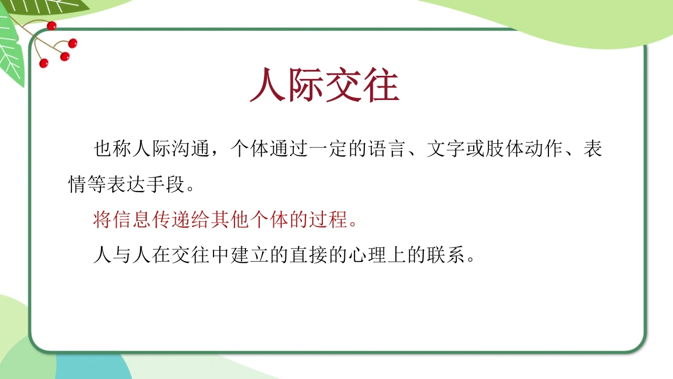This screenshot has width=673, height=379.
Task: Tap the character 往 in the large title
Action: click(382, 84)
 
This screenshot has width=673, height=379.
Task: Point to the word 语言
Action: click(388, 148)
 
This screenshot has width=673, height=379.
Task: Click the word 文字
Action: click(446, 148)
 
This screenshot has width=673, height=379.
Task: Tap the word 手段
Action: click(166, 184)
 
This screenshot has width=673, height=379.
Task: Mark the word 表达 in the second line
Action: click(127, 184)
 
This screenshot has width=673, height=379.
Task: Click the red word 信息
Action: click(132, 220)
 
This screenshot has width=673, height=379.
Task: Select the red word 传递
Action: click(171, 220)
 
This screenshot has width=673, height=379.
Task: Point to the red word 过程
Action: click(329, 220)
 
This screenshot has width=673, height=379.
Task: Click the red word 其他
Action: click(230, 220)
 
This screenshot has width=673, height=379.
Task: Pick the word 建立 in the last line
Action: click(250, 255)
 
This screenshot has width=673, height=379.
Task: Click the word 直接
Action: click(309, 255)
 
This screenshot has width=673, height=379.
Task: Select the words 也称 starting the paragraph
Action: click(113, 148)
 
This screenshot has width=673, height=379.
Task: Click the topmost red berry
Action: click(52, 26)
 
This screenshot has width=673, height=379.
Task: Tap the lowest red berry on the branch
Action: click(44, 63)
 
